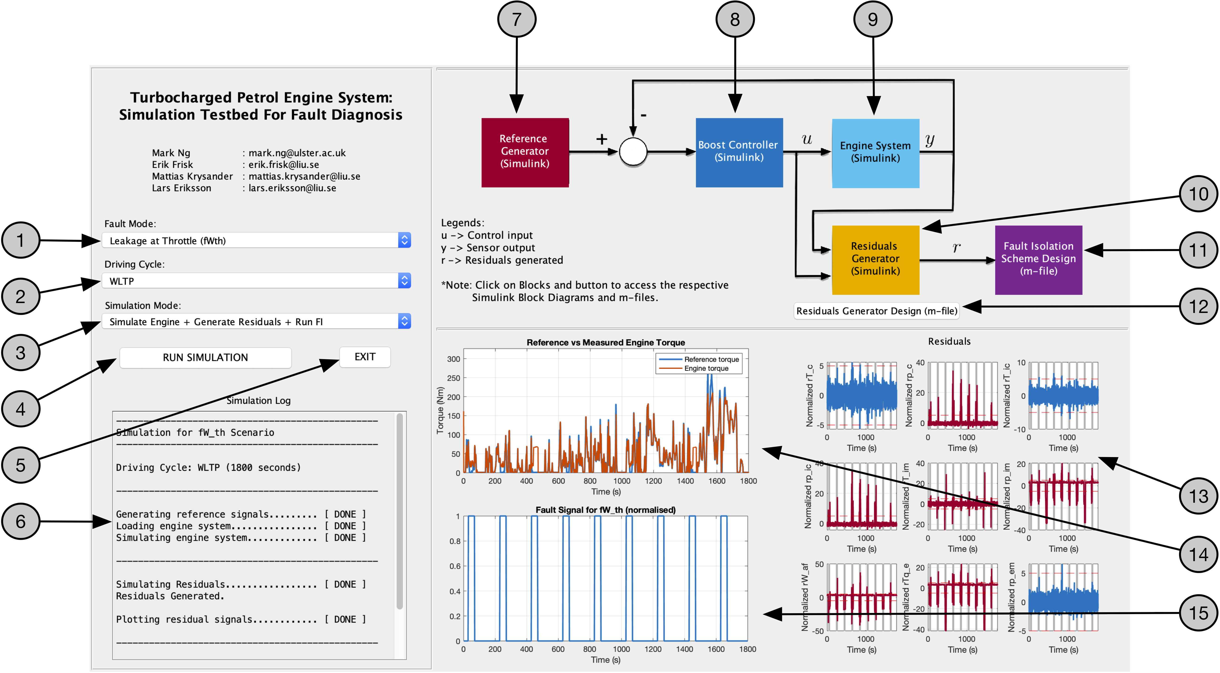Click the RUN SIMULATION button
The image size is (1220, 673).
[205, 357]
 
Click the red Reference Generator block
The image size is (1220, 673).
[525, 152]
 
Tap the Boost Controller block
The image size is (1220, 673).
[739, 152]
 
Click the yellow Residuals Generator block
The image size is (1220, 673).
[875, 260]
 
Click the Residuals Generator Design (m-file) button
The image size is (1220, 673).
[876, 311]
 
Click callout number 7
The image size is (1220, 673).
[517, 20]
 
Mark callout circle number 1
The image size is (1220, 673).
[20, 240]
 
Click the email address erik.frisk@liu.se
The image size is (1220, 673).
[284, 164]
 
